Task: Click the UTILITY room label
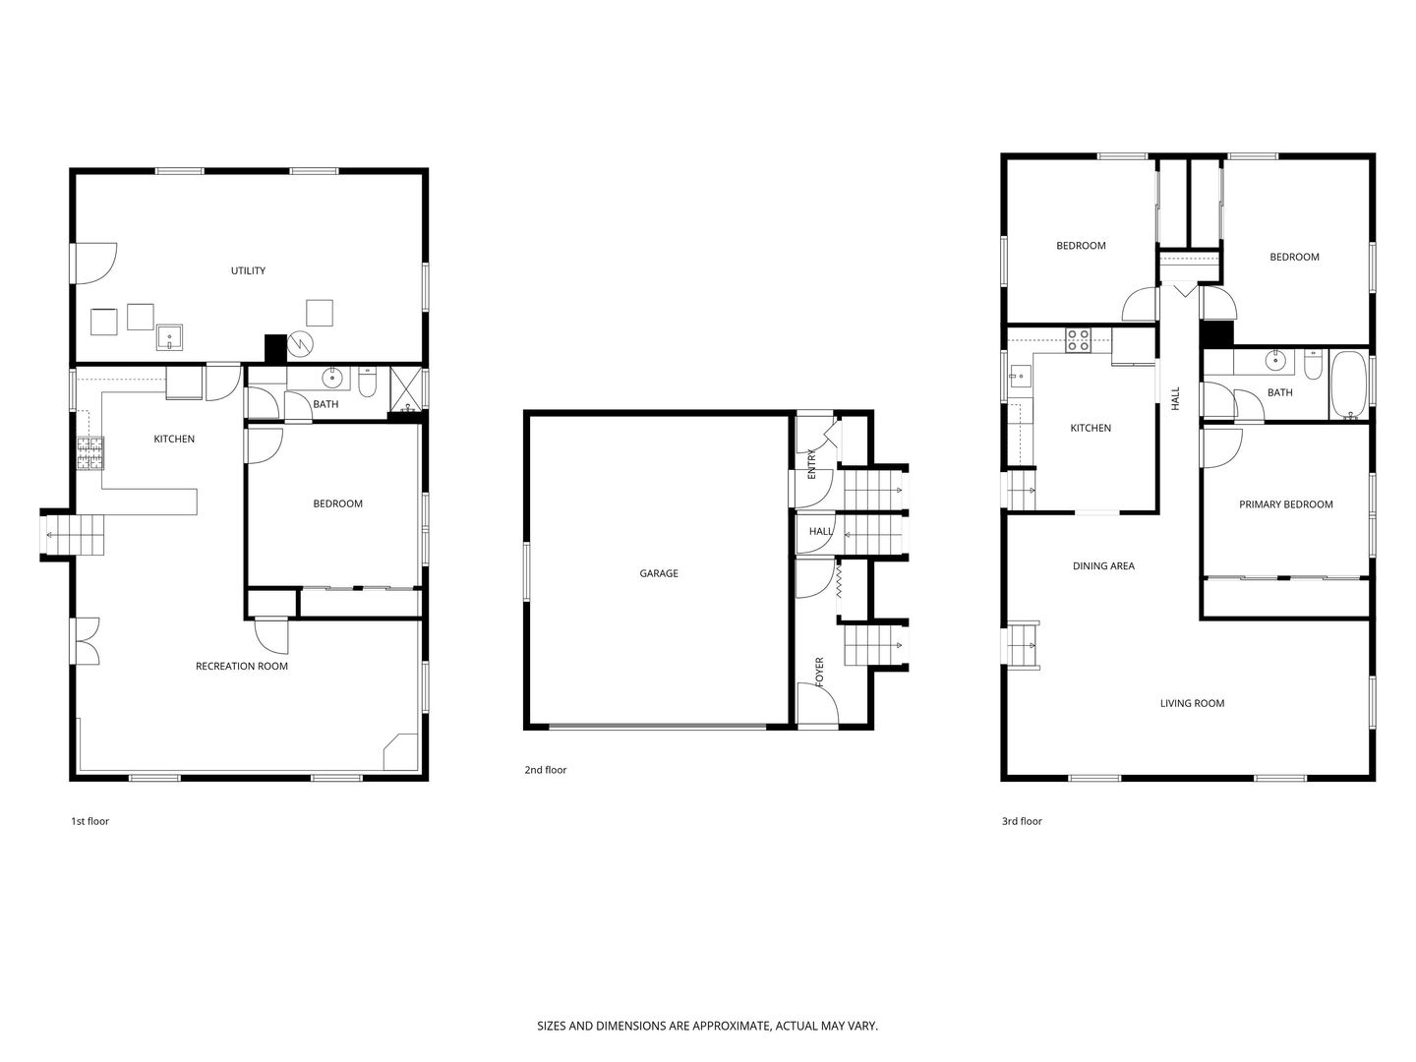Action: [x=248, y=270]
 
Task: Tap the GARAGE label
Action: [x=658, y=572]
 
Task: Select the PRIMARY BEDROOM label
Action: [x=1285, y=504]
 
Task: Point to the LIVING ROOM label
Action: [x=1192, y=703]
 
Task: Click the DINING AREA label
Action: [x=1103, y=565]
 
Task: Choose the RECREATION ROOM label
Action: [x=241, y=666]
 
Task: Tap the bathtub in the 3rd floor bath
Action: [x=1348, y=384]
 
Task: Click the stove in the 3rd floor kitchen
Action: [x=1078, y=340]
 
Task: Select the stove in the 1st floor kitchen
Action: [x=90, y=452]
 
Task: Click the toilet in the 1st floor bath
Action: [x=367, y=382]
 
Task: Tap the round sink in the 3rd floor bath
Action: [x=1275, y=361]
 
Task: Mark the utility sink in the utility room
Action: [x=170, y=336]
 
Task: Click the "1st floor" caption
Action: [x=89, y=821]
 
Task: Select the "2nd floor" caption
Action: [x=545, y=769]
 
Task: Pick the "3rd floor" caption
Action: [x=1022, y=821]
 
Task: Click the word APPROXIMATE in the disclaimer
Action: [x=730, y=1026]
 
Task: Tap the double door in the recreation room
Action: [x=87, y=641]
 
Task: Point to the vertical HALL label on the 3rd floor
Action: [x=1175, y=398]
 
